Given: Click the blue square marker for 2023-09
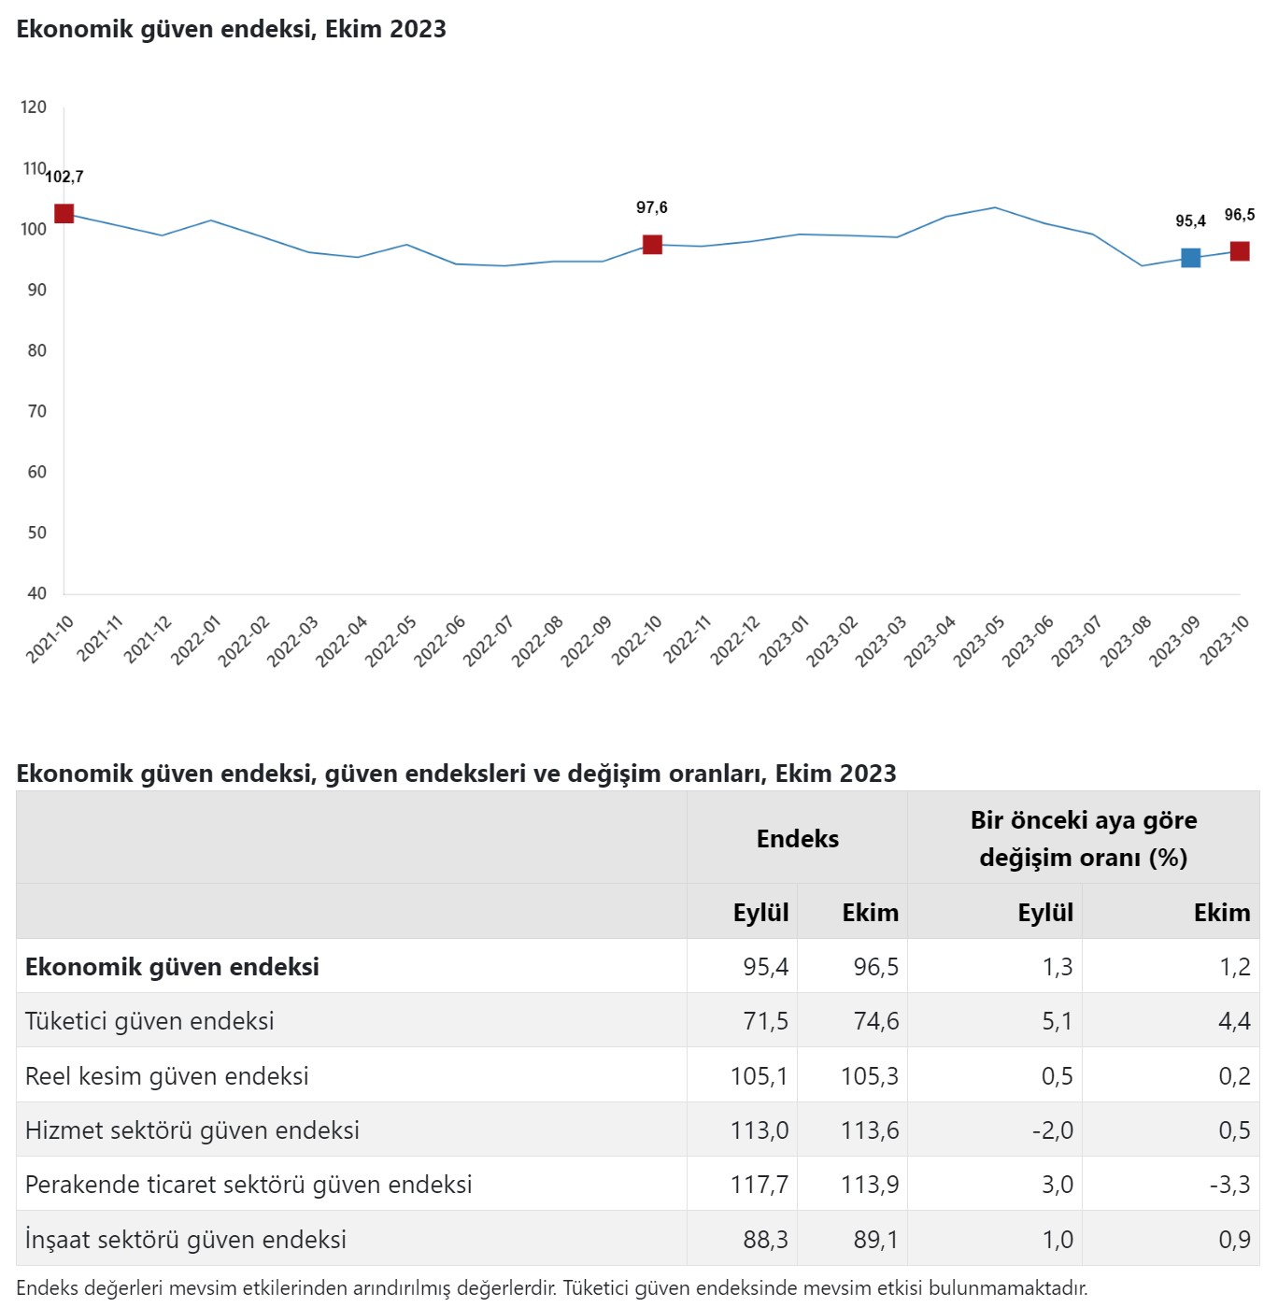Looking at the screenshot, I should coord(1190,258).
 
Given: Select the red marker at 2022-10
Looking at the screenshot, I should coord(652,245).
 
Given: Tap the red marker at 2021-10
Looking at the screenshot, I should coord(64,214).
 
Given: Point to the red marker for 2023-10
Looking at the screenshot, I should coord(1240,251).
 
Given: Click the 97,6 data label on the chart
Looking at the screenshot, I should coord(652,207).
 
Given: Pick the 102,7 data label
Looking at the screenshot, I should coord(64,177).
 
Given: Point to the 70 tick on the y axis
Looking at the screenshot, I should coord(37,411).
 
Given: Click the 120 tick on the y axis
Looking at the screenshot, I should coord(34,107).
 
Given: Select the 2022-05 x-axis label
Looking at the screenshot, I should coord(390,641).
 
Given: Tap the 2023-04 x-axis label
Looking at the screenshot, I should coord(930,641).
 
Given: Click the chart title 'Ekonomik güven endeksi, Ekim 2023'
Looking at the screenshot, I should coord(232,29).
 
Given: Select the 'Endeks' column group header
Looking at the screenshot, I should coord(797,839).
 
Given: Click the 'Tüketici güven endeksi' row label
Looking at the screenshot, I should coord(149,1021).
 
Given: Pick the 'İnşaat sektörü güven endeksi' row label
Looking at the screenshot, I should coord(186,1240).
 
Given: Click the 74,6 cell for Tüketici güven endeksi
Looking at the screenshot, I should coord(875,1021).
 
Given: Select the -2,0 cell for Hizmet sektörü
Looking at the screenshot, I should coord(1052,1130).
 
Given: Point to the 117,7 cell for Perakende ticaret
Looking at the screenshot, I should coord(759,1185).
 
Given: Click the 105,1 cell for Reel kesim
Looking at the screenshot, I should coord(759,1076).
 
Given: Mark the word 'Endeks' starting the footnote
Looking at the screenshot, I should coord(47,1288).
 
